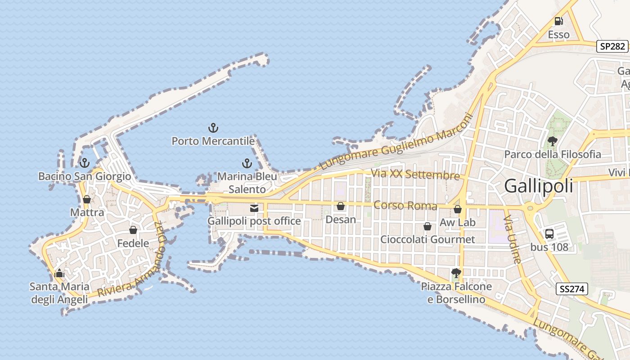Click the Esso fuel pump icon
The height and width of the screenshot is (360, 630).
point(558,21)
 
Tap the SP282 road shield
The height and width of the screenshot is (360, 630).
point(612,46)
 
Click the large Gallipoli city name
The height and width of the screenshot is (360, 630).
point(539,186)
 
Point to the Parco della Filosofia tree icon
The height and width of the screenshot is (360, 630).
point(552,141)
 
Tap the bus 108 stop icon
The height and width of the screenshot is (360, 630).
point(549,234)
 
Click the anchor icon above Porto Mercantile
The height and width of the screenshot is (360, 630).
point(213,128)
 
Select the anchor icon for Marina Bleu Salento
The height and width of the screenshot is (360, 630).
point(247,163)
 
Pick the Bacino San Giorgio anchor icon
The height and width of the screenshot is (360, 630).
point(84,163)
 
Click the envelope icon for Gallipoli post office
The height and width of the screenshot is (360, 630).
point(254,208)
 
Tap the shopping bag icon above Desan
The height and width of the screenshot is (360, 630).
point(341,206)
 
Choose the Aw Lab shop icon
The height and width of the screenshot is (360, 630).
point(458,209)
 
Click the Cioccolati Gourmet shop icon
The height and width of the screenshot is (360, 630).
point(427,226)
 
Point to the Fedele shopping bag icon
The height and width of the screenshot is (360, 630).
point(133,230)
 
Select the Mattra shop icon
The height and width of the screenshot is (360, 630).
point(87,199)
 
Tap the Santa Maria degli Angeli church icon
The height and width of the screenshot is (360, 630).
point(59,273)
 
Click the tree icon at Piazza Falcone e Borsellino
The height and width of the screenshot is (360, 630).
point(456,273)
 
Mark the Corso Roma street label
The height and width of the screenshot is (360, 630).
point(405,206)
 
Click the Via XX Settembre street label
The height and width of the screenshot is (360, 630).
point(415,175)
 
